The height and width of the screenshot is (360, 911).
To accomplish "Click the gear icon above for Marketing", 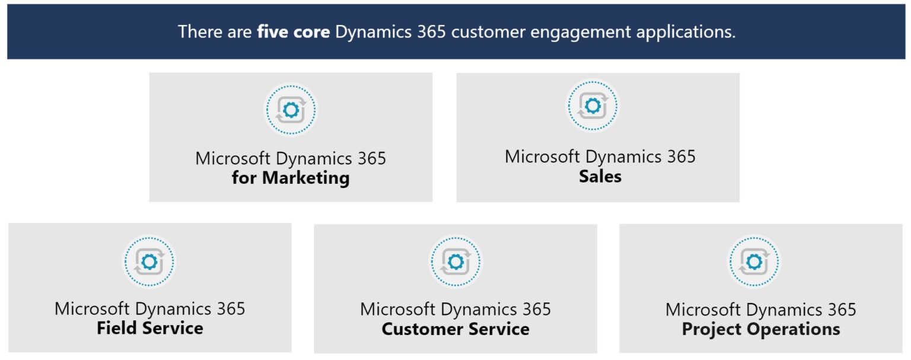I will point(291,110).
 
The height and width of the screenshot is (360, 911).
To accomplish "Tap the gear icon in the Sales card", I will point(592,106).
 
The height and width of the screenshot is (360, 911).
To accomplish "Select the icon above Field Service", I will point(149,262).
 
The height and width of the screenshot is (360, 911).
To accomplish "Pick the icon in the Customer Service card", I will point(455,262).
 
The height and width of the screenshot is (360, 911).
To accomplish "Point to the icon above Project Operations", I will point(754,262).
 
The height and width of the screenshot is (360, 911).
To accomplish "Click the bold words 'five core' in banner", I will point(293,31).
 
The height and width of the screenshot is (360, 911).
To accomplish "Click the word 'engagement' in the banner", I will point(578,33).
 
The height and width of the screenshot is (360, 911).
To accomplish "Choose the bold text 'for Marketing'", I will point(291,178).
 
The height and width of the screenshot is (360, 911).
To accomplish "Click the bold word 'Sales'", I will point(600,176).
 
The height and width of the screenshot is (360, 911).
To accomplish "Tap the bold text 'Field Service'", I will point(150,328).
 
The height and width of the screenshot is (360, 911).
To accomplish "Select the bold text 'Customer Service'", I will point(455,329).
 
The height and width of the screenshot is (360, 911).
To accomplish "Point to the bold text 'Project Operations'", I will point(761,329).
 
